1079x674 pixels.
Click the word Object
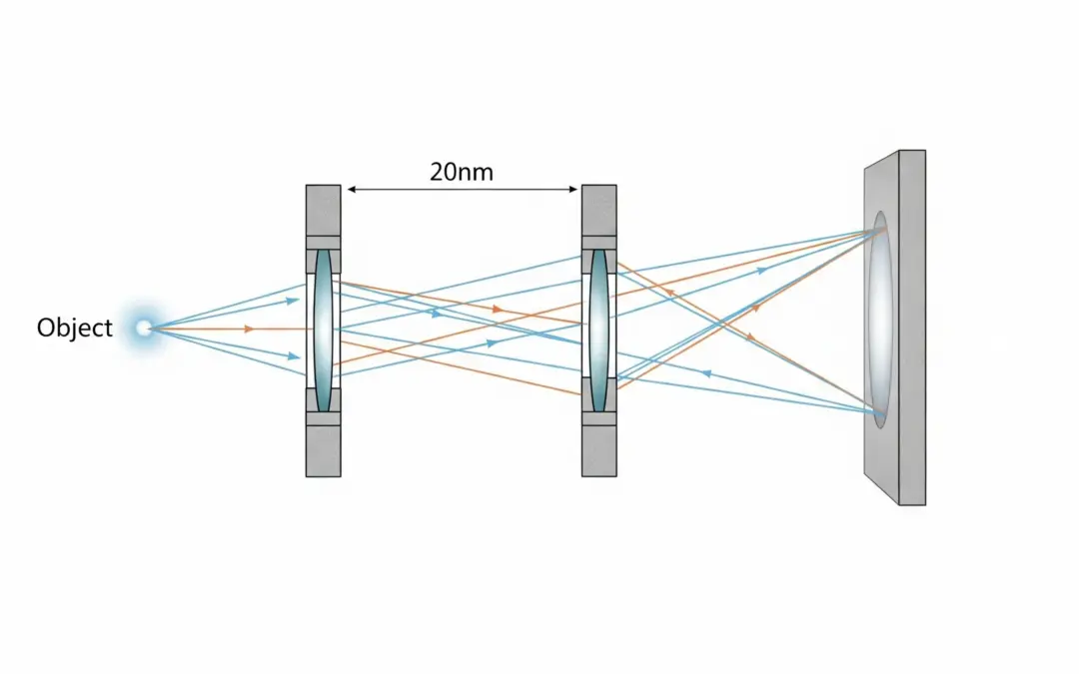point(74,328)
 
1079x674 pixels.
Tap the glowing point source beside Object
point(144,327)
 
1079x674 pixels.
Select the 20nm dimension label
point(461,172)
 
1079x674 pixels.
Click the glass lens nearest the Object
point(323,330)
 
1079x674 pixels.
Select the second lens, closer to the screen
point(598,330)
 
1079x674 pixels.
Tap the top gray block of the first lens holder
point(323,210)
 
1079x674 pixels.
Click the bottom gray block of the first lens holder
point(323,450)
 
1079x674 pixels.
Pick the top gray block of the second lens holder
point(598,210)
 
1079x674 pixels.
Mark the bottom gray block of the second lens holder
point(598,450)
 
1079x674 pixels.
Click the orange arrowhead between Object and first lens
point(248,328)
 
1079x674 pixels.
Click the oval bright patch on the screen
point(879,320)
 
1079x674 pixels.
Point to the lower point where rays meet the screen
point(878,409)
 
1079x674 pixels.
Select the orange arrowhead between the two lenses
point(497,310)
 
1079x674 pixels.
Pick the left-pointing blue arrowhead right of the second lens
point(706,372)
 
